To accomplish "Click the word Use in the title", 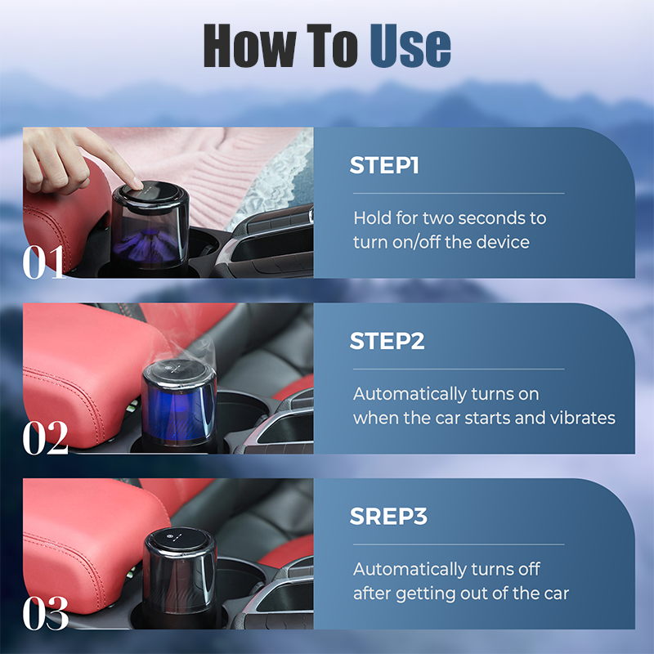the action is click(410, 46).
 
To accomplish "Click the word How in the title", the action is click(250, 46).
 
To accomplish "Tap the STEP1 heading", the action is click(384, 165).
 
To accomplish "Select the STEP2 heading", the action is click(387, 341).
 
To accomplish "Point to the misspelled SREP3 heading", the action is click(388, 517).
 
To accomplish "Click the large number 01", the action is click(44, 262).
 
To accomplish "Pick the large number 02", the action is click(45, 437).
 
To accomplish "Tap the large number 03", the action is click(46, 612).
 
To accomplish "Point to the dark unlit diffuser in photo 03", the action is click(180, 577).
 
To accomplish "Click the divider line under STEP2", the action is click(459, 370).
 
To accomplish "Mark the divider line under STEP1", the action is click(459, 194).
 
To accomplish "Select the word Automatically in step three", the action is click(410, 570).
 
